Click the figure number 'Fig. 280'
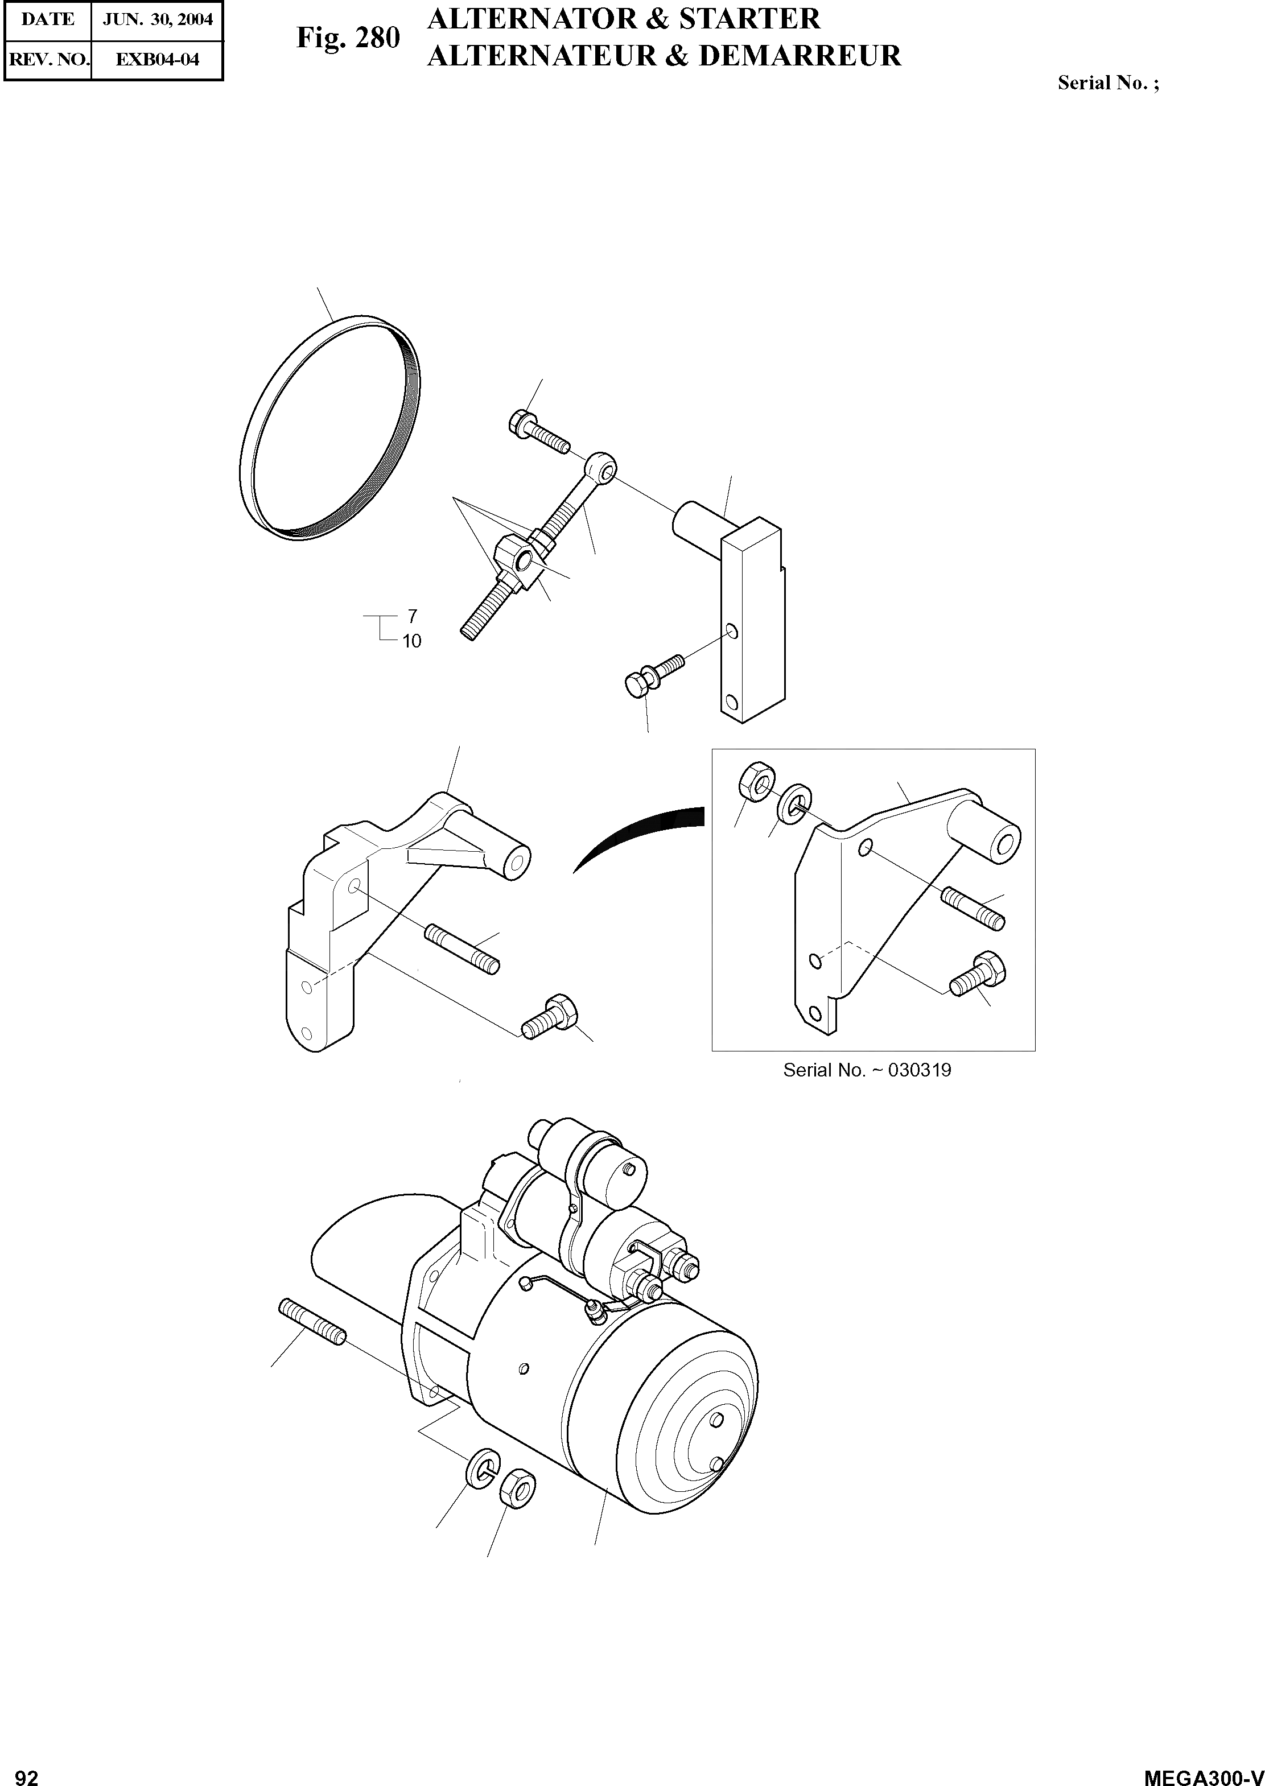click(348, 38)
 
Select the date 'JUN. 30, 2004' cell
click(158, 19)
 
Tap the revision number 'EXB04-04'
click(158, 59)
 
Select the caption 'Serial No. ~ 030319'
click(867, 1070)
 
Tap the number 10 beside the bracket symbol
click(411, 641)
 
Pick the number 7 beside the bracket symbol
click(412, 617)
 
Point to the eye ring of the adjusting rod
click(602, 467)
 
